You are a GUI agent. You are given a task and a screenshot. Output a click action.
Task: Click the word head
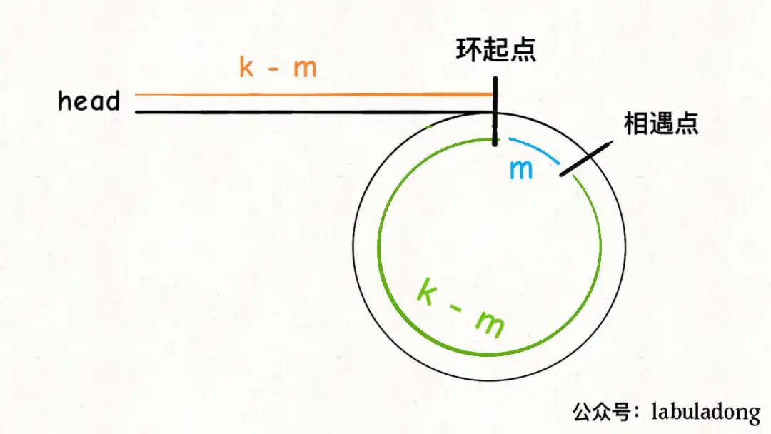pos(89,101)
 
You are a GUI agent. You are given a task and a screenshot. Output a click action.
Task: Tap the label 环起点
pos(496,51)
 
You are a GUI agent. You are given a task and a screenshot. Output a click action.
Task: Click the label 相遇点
pos(660,124)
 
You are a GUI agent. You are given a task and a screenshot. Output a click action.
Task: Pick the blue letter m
pos(521,170)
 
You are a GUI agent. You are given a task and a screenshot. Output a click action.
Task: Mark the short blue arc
pos(535,146)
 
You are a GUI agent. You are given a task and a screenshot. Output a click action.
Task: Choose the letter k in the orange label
pos(247,67)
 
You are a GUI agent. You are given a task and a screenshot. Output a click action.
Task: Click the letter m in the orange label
pos(305,69)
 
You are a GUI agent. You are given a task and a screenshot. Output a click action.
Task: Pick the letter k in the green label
pos(426,293)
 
